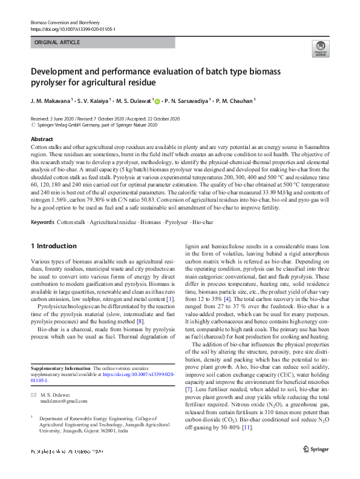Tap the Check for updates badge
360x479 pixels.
[x=319, y=49]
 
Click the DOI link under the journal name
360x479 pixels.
[x=72, y=29]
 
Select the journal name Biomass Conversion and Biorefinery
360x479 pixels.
[x=66, y=22]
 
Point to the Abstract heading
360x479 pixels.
[x=42, y=139]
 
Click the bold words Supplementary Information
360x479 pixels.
[x=60, y=368]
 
